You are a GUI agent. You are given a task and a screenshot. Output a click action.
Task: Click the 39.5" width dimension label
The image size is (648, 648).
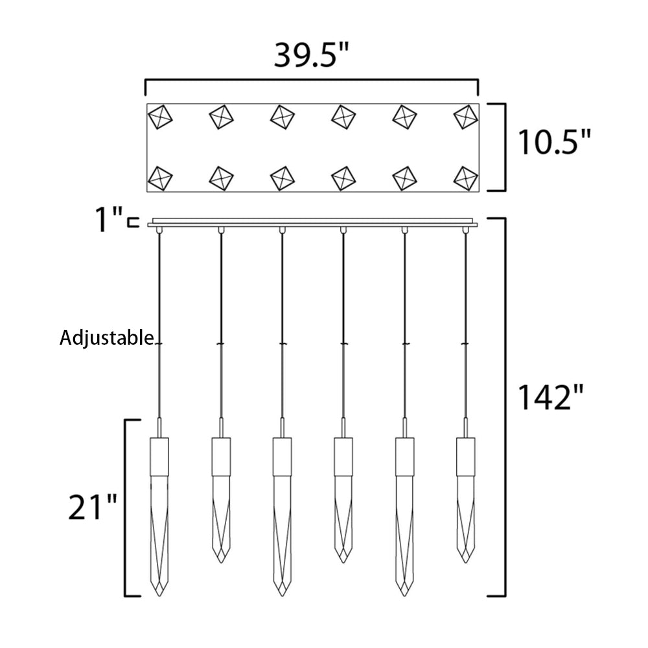312,55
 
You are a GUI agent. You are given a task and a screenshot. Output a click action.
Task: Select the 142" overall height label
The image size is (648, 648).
551,397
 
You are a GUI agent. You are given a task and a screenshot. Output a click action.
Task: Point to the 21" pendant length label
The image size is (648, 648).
93,507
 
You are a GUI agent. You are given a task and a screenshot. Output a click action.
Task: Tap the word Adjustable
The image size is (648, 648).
107,338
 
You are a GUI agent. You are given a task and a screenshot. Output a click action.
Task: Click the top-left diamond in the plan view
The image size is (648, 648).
159,117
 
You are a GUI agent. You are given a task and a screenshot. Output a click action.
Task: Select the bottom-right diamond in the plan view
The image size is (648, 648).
466,179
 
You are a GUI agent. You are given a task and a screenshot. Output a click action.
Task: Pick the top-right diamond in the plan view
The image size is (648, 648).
466,117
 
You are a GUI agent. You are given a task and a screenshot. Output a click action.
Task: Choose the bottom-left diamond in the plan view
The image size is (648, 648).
159,179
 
